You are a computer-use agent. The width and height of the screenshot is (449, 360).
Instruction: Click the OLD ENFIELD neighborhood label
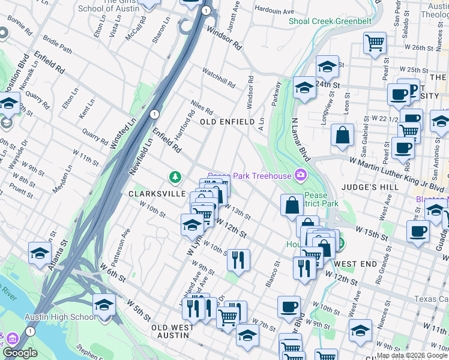pyautogui.click(x=228, y=122)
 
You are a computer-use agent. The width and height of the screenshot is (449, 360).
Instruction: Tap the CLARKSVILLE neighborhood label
pyautogui.click(x=154, y=194)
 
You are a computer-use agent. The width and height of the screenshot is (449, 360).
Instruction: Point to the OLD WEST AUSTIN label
pyautogui.click(x=173, y=331)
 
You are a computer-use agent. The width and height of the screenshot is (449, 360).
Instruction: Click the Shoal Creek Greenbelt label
pyautogui.click(x=330, y=21)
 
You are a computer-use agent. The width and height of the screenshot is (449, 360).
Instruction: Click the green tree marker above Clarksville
pyautogui.click(x=175, y=176)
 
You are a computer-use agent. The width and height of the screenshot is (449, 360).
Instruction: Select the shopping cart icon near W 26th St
pyautogui.click(x=375, y=42)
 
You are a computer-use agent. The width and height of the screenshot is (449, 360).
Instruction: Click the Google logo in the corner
pyautogui.click(x=20, y=353)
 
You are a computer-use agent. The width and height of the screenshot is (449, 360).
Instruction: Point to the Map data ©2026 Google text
pyautogui.click(x=411, y=355)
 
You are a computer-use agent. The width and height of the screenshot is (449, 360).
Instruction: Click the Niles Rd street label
pyautogui.click(x=202, y=108)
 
